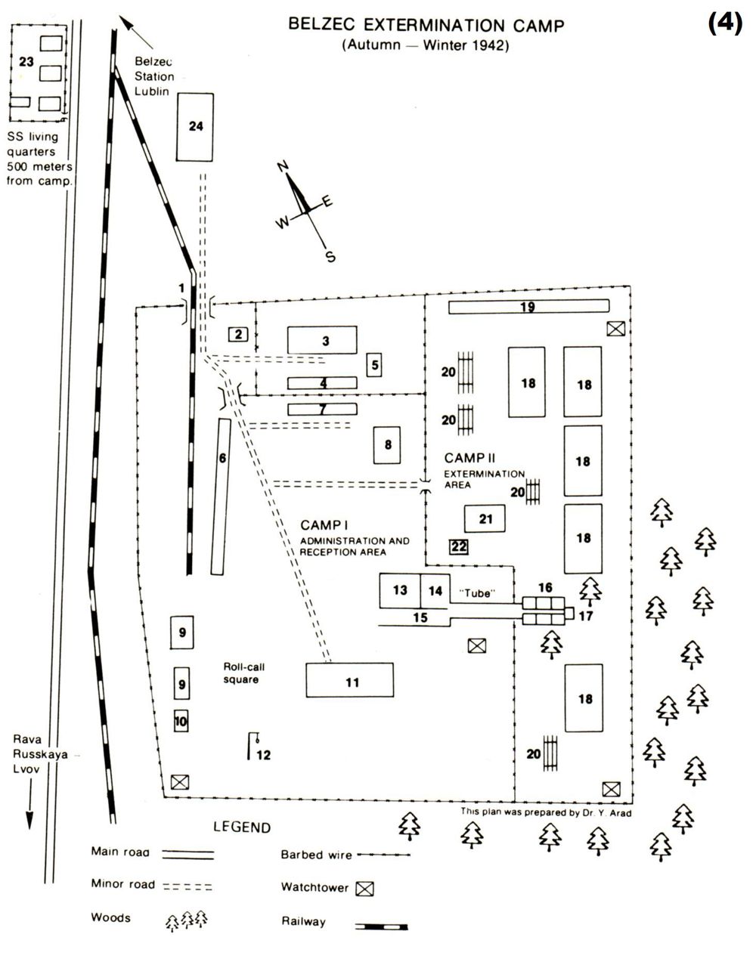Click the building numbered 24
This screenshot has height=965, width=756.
(195, 126)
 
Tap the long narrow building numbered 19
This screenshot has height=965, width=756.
(528, 307)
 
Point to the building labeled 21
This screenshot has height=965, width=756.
(485, 518)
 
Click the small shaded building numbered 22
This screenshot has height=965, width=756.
(459, 546)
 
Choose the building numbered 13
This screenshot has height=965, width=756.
(400, 590)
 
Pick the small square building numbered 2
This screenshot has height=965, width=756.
(238, 333)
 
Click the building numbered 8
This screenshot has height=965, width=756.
(388, 444)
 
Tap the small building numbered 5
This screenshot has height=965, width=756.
(374, 365)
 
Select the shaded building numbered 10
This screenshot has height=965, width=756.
(180, 721)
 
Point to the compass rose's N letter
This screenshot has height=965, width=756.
(284, 168)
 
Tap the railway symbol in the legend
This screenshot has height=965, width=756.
(381, 925)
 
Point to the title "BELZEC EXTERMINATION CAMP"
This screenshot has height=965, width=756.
(426, 26)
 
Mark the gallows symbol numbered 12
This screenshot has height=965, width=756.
(253, 744)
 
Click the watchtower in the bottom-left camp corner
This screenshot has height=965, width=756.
(179, 782)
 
